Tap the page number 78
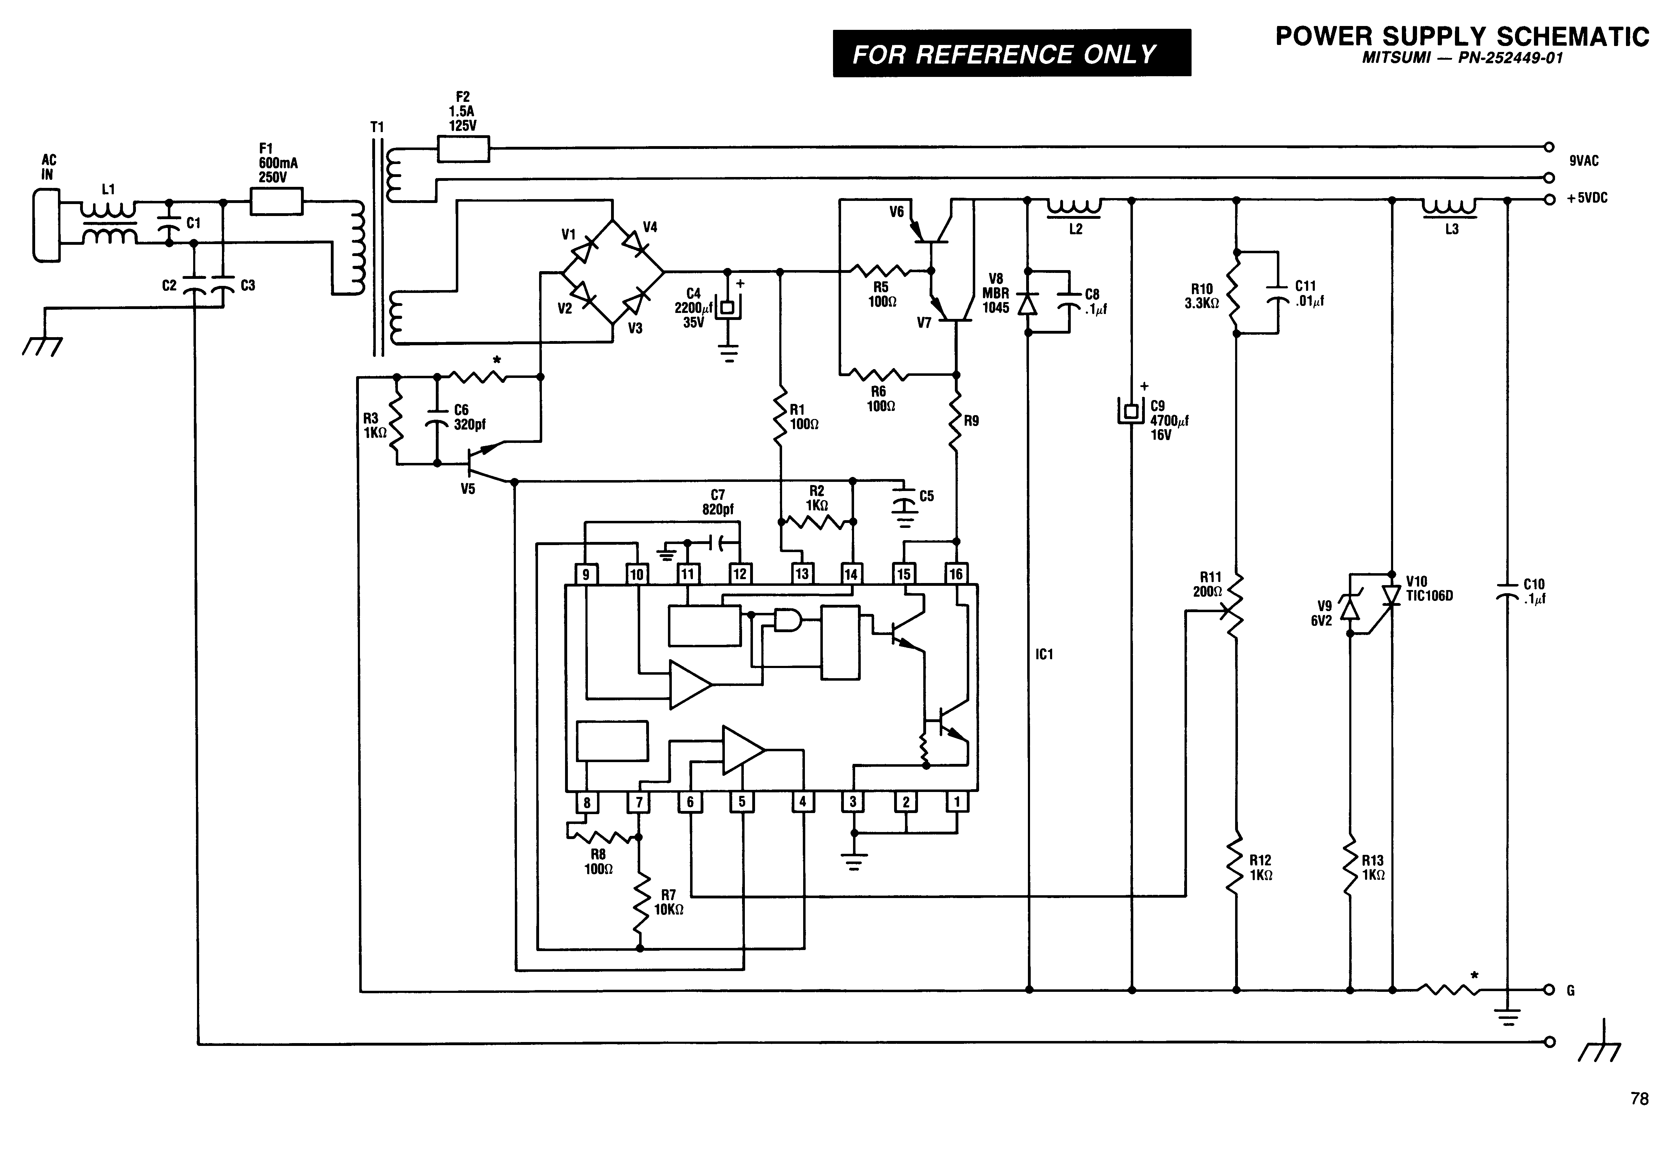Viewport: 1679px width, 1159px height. [1639, 1099]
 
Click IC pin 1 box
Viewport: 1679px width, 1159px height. [957, 802]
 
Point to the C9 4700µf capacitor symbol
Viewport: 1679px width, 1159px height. [1130, 411]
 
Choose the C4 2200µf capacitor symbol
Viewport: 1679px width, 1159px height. [727, 307]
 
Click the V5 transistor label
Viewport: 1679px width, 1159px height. [468, 489]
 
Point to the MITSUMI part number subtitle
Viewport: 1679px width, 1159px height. [1462, 58]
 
